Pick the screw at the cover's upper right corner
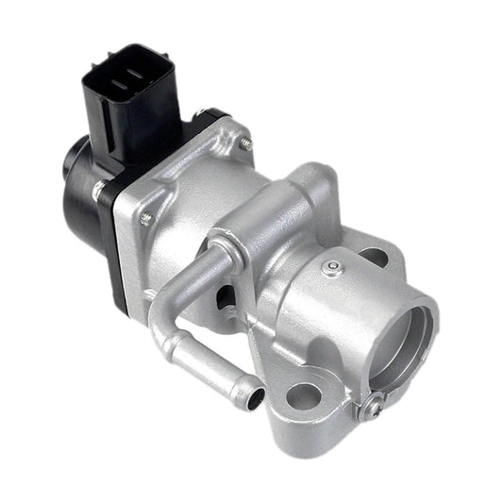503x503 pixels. [245, 144]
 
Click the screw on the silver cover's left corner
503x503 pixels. [146, 219]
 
